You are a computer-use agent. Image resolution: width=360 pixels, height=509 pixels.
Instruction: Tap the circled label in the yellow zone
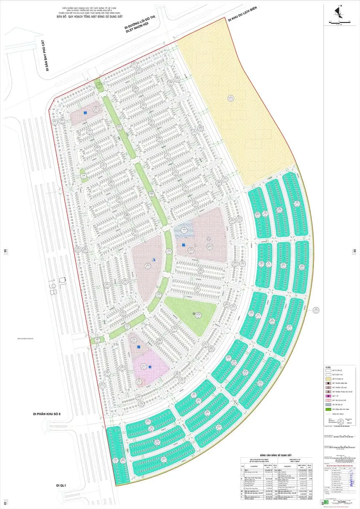(230, 97)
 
